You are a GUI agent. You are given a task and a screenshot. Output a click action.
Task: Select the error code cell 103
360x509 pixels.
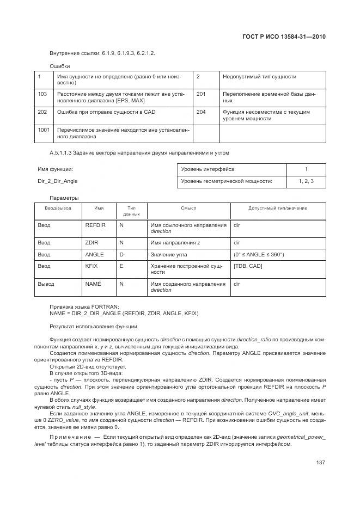(x=42, y=94)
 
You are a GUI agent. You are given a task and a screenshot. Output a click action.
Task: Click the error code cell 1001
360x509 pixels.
(x=44, y=130)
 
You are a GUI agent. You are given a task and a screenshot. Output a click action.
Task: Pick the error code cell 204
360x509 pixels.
(x=201, y=112)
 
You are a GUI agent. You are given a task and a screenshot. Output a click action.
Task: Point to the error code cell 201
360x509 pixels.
(x=201, y=94)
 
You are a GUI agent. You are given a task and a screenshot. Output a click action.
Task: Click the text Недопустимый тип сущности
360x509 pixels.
(x=259, y=77)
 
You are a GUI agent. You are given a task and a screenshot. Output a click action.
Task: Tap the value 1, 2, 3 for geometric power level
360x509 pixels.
(x=306, y=181)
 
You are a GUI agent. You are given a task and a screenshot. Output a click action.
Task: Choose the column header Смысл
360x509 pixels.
(x=188, y=208)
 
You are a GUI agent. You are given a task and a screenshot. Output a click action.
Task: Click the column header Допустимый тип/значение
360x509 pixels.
(x=277, y=208)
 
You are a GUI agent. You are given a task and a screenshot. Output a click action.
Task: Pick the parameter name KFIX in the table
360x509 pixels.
(x=91, y=266)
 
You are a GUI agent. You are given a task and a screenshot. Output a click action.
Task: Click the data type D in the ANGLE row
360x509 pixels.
(x=121, y=254)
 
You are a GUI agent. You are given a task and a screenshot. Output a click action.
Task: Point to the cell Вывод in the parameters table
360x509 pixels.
(x=46, y=284)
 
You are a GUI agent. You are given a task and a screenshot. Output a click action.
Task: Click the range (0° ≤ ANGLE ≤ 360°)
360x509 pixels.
(x=259, y=254)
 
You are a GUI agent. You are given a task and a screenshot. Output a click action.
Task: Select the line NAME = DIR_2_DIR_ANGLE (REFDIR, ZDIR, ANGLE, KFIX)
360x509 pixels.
(x=124, y=314)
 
